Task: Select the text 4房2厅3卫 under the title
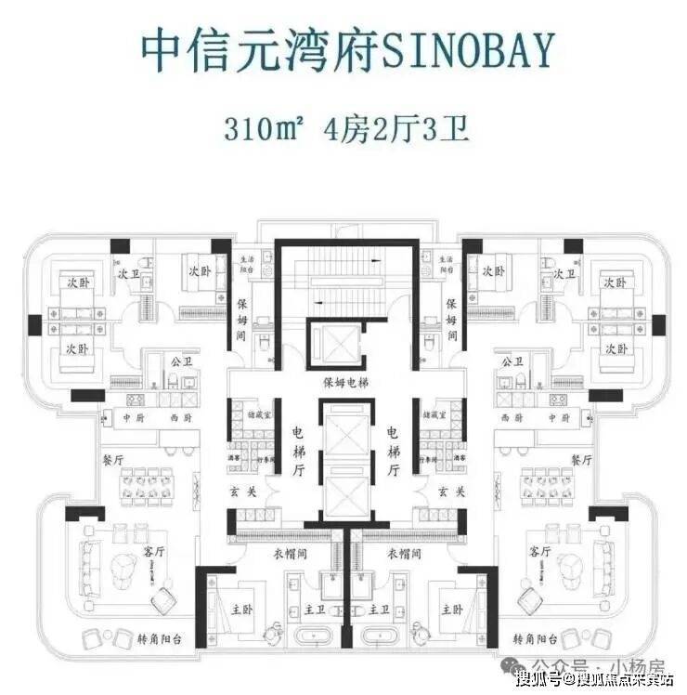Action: coord(394,127)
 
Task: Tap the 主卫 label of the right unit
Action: coord(378,610)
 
